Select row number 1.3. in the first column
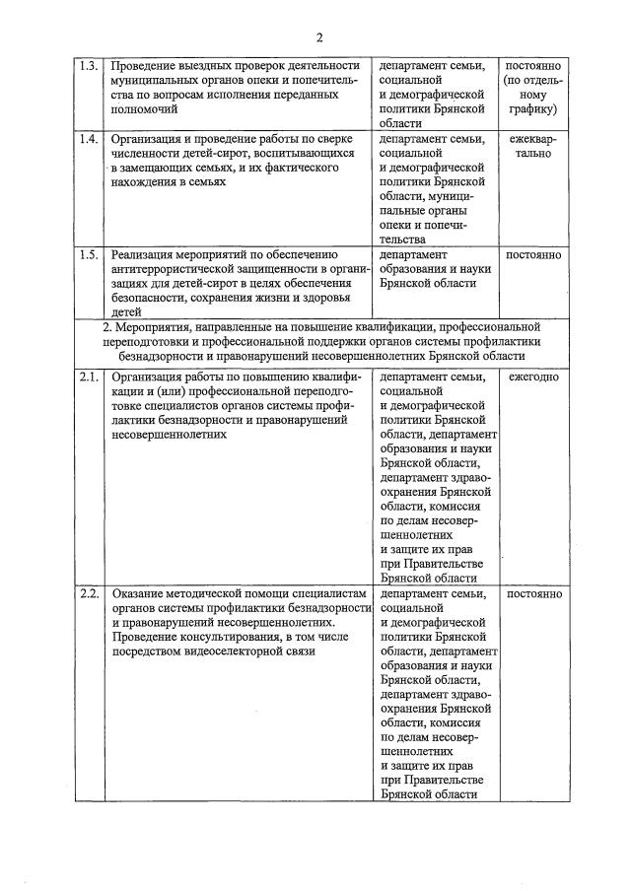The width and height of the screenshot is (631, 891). coord(89,66)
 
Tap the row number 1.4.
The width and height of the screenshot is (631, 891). coord(89,139)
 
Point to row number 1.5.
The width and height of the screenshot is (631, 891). coord(89,255)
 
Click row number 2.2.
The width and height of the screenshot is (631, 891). coord(89,594)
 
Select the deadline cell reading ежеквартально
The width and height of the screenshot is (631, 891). coord(533,147)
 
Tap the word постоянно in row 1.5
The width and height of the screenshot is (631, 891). coord(533,255)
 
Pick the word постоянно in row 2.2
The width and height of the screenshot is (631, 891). coord(533,594)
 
